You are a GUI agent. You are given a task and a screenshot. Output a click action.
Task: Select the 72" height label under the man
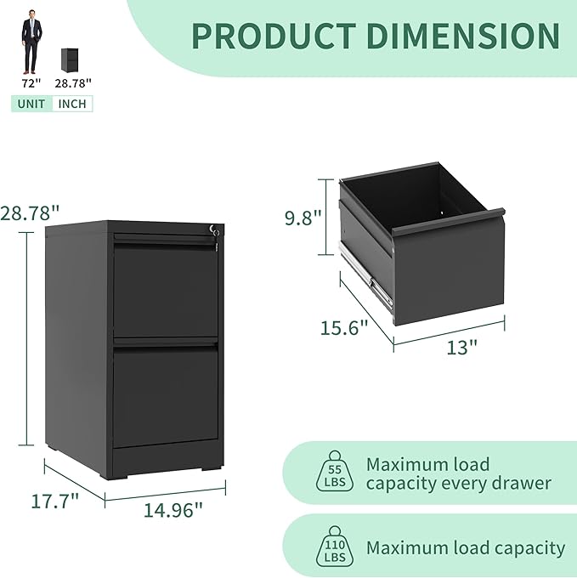(x=31, y=83)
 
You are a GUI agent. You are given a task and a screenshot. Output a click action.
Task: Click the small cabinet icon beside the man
(x=70, y=59)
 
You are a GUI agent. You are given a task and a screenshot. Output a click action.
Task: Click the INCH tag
(x=72, y=104)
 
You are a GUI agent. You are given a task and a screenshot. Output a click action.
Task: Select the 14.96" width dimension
(x=173, y=510)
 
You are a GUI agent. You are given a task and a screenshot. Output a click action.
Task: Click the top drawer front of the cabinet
(x=166, y=289)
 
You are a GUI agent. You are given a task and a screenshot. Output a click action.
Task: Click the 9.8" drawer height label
(x=303, y=218)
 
